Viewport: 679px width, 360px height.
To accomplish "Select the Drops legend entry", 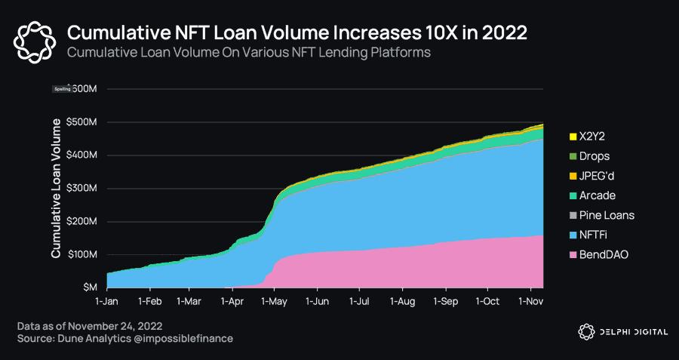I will pos(593,156).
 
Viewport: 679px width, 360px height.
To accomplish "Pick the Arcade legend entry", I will pos(596,195).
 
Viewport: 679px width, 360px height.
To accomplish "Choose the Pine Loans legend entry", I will pos(606,215).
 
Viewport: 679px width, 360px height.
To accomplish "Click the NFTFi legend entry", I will pos(592,235).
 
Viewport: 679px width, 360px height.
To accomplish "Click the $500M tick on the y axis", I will pos(81,122).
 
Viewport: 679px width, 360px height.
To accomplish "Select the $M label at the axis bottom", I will pos(89,288).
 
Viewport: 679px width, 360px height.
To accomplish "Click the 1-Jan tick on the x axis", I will pos(107,300).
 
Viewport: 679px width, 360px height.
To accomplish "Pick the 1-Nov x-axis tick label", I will pos(530,300).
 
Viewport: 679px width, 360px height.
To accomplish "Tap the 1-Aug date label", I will pos(402,300).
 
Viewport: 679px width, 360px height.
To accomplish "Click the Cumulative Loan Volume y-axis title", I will pos(56,188).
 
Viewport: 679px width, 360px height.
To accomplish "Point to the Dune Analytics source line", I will pos(124,339).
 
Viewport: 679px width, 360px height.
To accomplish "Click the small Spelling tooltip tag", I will pos(62,89).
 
